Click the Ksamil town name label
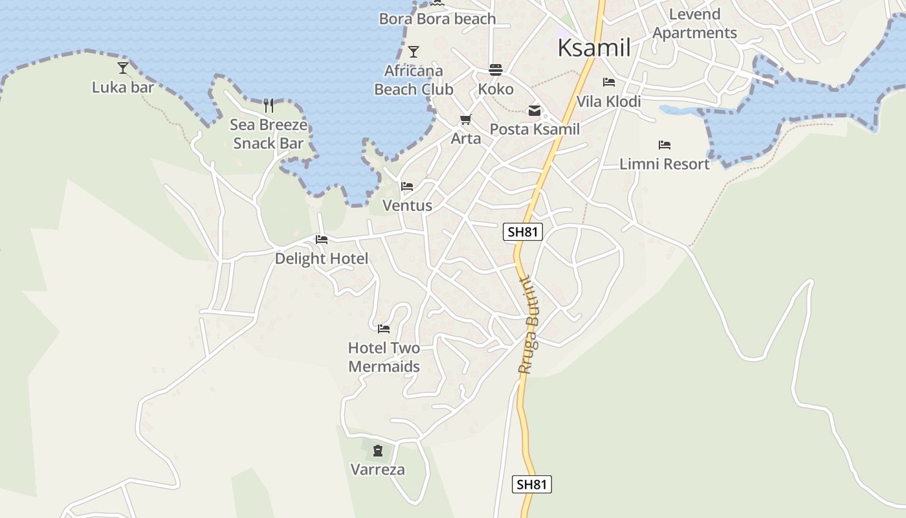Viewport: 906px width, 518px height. (x=593, y=48)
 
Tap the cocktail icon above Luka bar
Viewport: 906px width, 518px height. (x=123, y=67)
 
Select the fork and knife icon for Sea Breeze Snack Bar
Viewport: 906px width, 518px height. (x=269, y=105)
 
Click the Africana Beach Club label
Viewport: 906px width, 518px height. (x=414, y=80)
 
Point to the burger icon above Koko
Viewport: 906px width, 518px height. (x=496, y=70)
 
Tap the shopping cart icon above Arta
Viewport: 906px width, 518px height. (x=465, y=120)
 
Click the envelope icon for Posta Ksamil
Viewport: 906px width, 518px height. (x=535, y=111)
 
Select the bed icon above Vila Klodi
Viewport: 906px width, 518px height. (x=608, y=82)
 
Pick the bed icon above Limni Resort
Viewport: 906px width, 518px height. (x=664, y=145)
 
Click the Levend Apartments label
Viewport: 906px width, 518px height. (x=694, y=24)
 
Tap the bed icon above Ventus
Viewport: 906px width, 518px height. (x=407, y=186)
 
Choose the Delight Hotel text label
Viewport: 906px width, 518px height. (x=321, y=259)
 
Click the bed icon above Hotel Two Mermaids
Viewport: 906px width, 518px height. (x=384, y=329)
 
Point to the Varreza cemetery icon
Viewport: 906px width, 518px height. (x=378, y=450)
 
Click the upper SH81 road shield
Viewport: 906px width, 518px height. (x=522, y=232)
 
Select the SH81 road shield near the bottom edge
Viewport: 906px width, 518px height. (x=532, y=484)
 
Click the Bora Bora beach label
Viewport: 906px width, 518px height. (x=437, y=19)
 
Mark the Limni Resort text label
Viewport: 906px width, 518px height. (x=665, y=164)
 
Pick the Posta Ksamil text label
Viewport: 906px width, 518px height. (x=535, y=129)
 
